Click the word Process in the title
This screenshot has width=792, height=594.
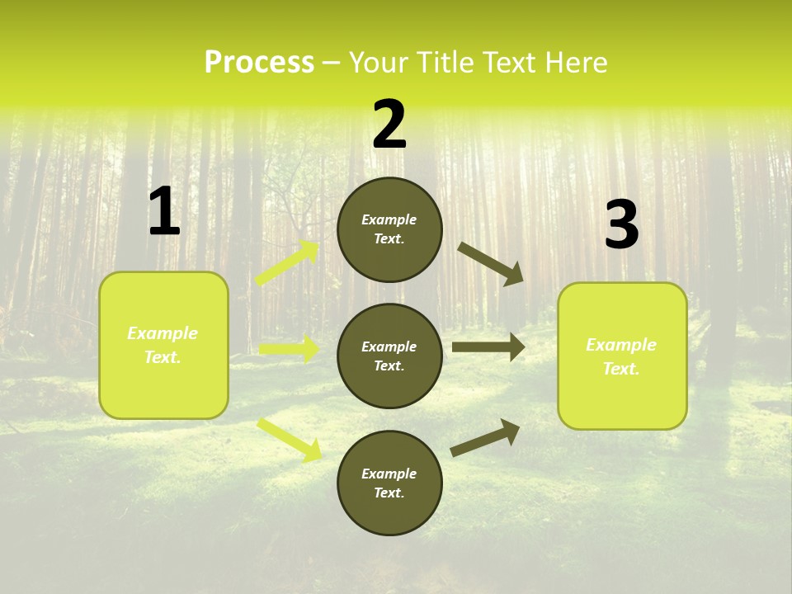(259, 63)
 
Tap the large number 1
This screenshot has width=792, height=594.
(163, 212)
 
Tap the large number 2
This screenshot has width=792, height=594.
(389, 125)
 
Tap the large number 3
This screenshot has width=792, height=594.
(621, 225)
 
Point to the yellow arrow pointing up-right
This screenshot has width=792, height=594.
(288, 263)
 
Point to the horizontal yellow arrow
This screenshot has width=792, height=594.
(290, 349)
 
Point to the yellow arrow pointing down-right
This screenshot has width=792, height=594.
(290, 439)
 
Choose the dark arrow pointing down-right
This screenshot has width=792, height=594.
(490, 263)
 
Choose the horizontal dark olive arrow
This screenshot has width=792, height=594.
(488, 347)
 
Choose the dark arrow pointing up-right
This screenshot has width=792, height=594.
(485, 438)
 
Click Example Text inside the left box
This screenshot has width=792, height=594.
(163, 345)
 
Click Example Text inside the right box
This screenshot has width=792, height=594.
(621, 356)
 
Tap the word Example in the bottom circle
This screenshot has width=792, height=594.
(389, 474)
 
